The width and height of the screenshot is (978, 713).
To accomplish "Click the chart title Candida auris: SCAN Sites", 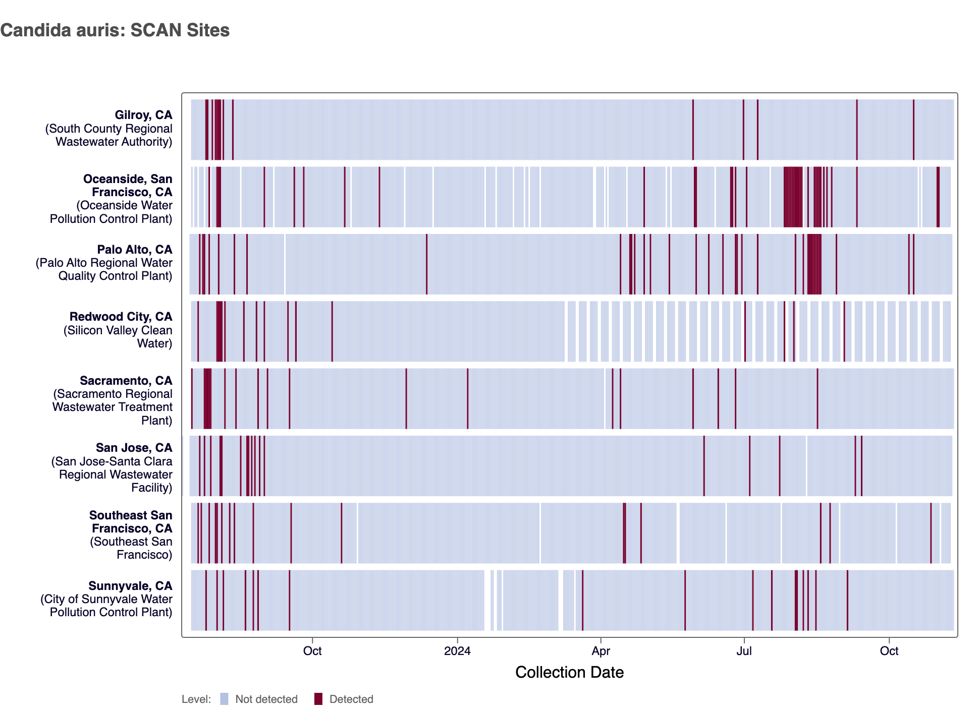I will pyautogui.click(x=115, y=30).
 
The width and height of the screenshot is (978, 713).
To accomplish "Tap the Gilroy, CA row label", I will pyautogui.click(x=143, y=115).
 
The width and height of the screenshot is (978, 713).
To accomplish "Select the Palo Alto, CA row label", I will pyautogui.click(x=134, y=250).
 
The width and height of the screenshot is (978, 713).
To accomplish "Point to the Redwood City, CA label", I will pyautogui.click(x=121, y=317).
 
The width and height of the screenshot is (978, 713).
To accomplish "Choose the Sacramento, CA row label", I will pyautogui.click(x=126, y=381).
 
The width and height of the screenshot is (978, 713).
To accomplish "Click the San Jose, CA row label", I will pyautogui.click(x=134, y=448).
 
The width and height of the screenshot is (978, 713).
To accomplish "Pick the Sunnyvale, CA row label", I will pyautogui.click(x=130, y=586).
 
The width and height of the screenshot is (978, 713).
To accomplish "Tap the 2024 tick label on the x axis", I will pyautogui.click(x=457, y=651).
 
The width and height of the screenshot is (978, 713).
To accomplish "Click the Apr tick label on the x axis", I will pyautogui.click(x=601, y=651).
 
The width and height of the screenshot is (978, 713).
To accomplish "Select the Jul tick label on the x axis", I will pyautogui.click(x=744, y=651).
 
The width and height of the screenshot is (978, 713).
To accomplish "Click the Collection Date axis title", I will pyautogui.click(x=569, y=672).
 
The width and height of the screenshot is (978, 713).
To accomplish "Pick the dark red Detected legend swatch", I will pyautogui.click(x=318, y=699).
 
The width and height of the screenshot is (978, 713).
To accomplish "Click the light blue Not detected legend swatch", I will pyautogui.click(x=225, y=699).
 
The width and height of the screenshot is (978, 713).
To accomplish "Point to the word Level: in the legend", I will pyautogui.click(x=196, y=699).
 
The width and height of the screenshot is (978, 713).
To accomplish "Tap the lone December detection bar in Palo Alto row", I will pyautogui.click(x=426, y=264).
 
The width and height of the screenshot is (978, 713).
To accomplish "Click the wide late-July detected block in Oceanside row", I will pyautogui.click(x=793, y=197).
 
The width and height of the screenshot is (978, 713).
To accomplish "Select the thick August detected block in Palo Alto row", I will pyautogui.click(x=814, y=264).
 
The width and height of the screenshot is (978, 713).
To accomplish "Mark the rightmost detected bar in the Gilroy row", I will pyautogui.click(x=913, y=130).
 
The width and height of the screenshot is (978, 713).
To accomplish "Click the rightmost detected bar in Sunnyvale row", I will pyautogui.click(x=847, y=600).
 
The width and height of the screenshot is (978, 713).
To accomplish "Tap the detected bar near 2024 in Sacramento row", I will pyautogui.click(x=467, y=398).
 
